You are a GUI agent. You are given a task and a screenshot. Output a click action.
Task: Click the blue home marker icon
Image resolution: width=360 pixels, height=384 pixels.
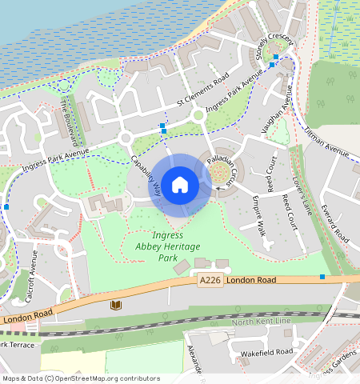pos(180,185)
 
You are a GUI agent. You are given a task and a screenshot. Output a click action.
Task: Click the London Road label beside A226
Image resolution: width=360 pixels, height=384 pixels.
pos(250,281)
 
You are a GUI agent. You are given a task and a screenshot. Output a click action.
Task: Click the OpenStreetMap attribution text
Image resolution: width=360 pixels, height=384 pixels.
pos(80,378)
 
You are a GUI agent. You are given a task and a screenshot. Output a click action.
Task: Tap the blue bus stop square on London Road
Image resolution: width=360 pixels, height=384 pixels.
pos(322,277)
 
